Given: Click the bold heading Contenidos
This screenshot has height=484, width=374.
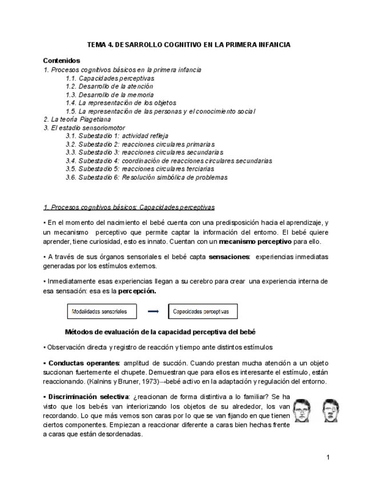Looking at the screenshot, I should [x=62, y=61].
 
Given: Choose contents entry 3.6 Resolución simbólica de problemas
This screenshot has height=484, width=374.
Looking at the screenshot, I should [x=146, y=178].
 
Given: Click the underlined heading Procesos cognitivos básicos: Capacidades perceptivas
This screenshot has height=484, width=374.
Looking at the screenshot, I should [x=129, y=207].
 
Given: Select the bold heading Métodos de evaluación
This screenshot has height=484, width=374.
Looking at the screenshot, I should [x=160, y=332].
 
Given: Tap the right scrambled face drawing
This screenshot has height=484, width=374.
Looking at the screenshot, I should [x=331, y=409].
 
